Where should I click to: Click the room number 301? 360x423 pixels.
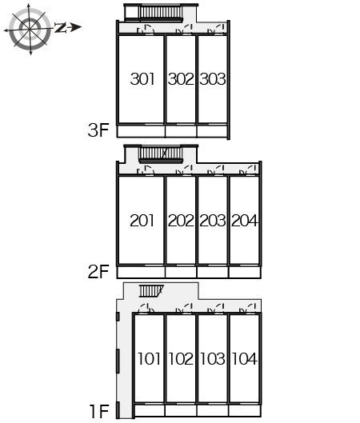142,79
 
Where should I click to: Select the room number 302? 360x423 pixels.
181,79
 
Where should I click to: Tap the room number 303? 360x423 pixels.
213,79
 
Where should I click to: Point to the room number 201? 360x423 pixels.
142,221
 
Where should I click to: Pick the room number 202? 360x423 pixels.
181,221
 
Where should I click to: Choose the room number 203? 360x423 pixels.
213,221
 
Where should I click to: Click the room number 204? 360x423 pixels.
245,221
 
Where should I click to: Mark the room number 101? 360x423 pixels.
150,359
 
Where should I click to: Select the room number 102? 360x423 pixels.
181,359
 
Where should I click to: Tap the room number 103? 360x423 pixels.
213,359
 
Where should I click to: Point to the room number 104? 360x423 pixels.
245,359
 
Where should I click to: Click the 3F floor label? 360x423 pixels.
98,130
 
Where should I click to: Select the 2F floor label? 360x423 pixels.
98,271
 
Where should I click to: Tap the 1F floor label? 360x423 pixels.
99,411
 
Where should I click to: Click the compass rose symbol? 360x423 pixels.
30,29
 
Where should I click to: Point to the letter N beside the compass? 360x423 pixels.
61,27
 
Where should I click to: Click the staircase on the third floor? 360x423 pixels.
161,13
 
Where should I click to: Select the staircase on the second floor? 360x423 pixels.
161,154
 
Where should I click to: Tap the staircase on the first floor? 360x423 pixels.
151,291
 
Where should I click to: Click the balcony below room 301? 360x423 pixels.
141,131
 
